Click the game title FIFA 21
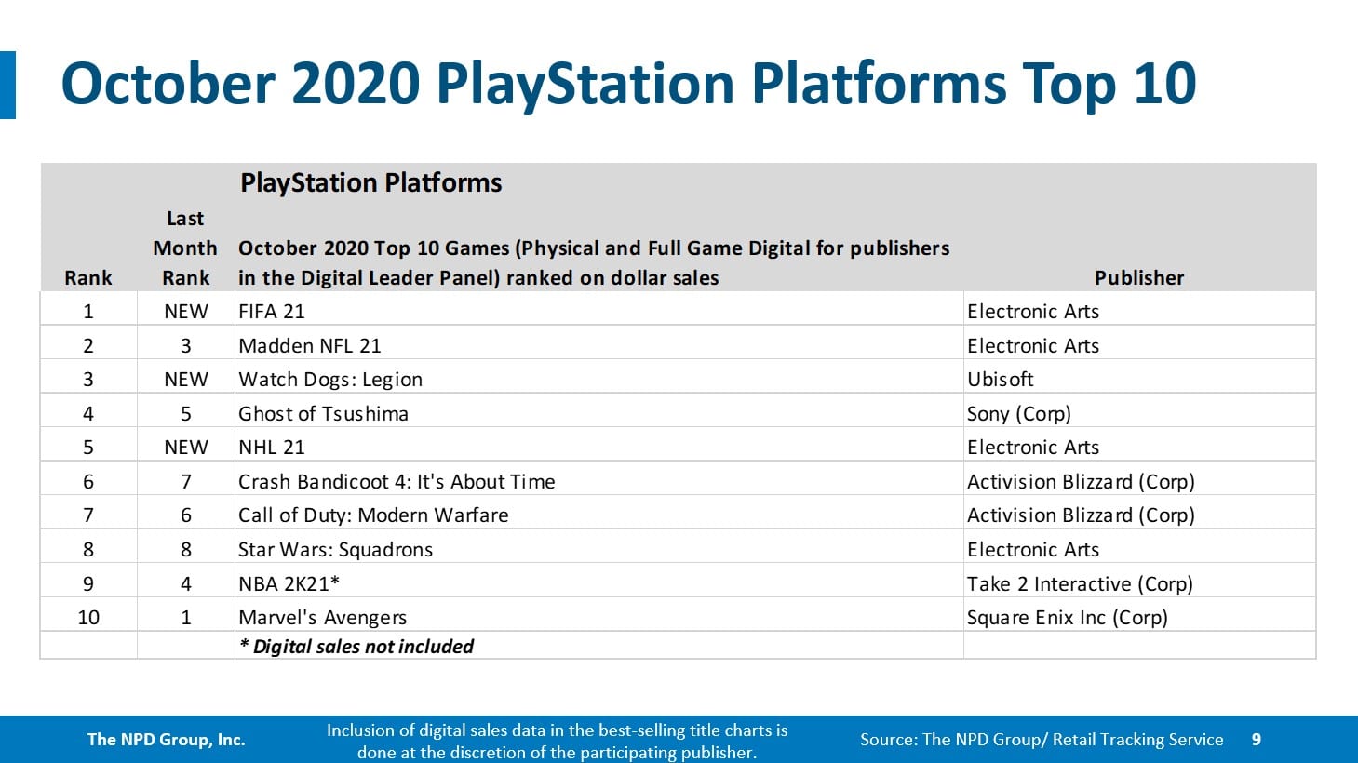[271, 312]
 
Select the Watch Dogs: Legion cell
[330, 380]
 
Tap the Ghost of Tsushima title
[323, 414]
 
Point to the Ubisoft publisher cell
[1000, 380]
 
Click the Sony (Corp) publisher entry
[1018, 414]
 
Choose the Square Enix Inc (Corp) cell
[1067, 618]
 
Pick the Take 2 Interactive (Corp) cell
[1079, 584]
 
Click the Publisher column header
[1138, 278]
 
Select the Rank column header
[88, 278]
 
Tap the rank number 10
[88, 618]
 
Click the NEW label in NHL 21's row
[186, 448]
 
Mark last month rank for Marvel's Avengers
[186, 618]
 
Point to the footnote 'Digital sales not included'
[356, 647]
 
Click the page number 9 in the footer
[1256, 740]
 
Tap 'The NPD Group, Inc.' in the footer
[166, 740]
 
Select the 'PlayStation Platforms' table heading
[370, 182]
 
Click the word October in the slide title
[168, 84]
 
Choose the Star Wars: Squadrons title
[335, 550]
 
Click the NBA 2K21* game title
[289, 584]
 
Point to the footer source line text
[1041, 740]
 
